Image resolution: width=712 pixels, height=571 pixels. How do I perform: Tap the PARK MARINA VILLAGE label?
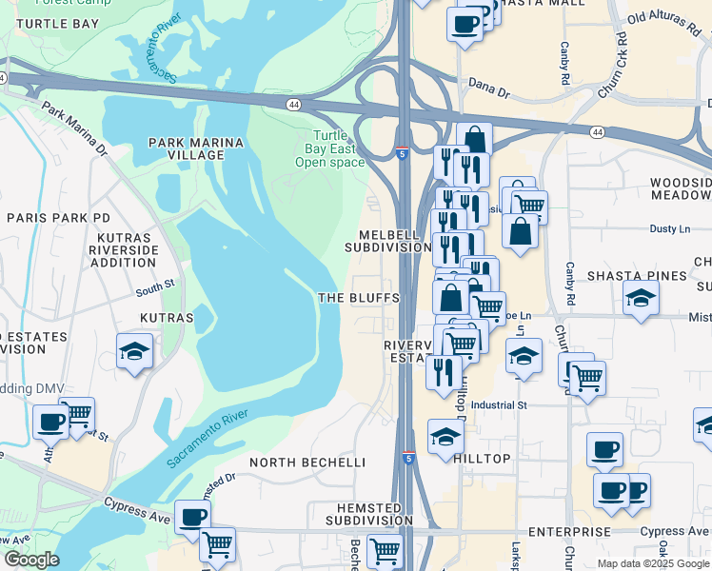click(196, 150)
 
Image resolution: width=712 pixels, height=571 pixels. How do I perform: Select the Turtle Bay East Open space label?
click(330, 148)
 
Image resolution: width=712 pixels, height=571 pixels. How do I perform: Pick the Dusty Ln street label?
click(669, 228)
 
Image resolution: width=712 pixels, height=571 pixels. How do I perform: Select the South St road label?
click(155, 285)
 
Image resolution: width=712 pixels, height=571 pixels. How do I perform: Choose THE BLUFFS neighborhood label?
click(358, 298)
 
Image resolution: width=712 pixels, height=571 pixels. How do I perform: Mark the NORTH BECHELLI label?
click(307, 463)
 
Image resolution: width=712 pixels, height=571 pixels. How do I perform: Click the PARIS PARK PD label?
click(59, 217)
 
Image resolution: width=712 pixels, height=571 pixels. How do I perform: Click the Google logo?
click(30, 560)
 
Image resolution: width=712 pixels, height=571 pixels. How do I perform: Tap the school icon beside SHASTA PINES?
click(642, 300)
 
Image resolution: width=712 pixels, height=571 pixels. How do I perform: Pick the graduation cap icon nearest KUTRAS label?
click(135, 352)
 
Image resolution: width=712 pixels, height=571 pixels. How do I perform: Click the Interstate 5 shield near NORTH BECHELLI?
click(407, 458)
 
